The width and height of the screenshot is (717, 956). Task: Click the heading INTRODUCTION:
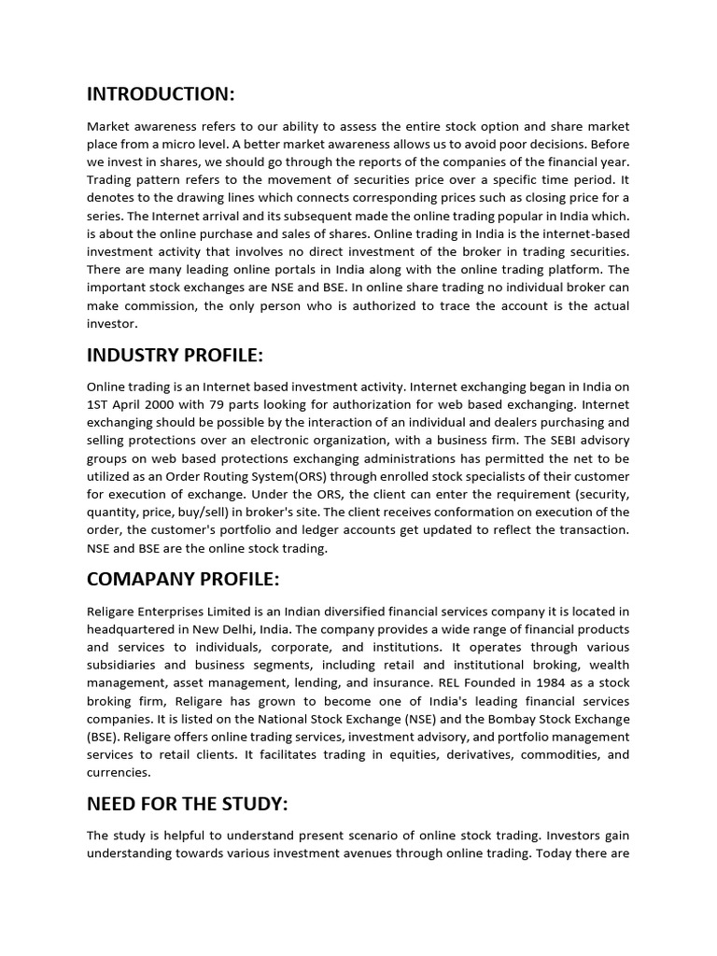tap(161, 93)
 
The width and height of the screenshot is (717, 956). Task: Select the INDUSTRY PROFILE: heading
tap(175, 356)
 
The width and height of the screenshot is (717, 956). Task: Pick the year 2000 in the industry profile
tap(159, 405)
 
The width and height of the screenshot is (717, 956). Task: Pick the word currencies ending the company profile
tap(118, 773)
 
